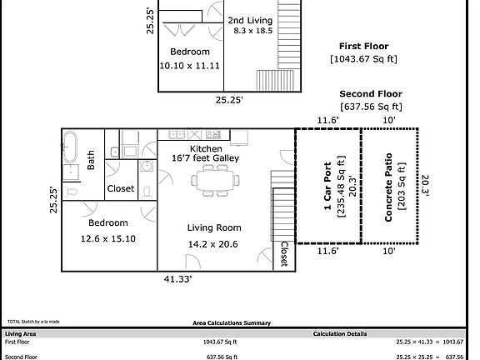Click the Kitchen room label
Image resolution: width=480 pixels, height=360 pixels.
click(x=205, y=148)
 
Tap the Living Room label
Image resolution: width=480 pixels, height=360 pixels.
click(x=214, y=227)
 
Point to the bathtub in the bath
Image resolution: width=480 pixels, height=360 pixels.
click(x=72, y=147)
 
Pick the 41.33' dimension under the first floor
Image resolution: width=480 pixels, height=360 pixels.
click(x=178, y=280)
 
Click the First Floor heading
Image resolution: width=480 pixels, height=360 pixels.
click(x=363, y=46)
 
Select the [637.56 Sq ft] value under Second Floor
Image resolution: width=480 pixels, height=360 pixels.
click(x=372, y=107)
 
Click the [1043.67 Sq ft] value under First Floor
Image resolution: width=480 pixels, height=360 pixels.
click(x=364, y=59)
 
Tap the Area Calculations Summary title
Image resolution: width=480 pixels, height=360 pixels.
click(x=232, y=322)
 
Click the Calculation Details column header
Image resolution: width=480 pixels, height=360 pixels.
click(x=339, y=333)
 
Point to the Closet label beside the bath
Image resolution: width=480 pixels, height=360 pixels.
click(x=121, y=189)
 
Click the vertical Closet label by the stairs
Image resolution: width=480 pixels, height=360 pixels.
click(x=283, y=254)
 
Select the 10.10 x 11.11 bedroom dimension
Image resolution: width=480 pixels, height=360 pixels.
click(x=189, y=65)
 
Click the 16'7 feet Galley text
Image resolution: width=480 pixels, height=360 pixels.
click(x=205, y=158)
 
